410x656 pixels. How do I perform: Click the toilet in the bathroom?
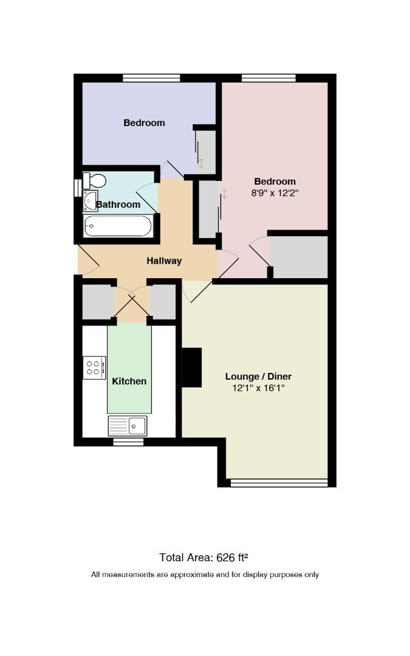coord(94,180)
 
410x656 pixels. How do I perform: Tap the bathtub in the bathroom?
coord(118,226)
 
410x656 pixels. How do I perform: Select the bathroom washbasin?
coord(90,201)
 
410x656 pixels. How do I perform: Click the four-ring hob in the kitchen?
coord(94,367)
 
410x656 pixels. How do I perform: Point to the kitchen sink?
coord(128,426)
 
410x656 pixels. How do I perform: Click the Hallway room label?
coord(164,261)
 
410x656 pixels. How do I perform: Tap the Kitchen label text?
coord(129,381)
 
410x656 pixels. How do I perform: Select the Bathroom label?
coord(118,205)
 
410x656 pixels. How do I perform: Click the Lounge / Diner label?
coord(259,376)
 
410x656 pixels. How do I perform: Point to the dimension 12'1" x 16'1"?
coord(259,388)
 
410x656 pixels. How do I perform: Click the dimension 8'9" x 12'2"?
coord(275,193)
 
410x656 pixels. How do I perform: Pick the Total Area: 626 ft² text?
coord(203,557)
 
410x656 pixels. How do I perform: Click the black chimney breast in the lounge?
coord(191,367)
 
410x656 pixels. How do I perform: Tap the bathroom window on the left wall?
coord(77,188)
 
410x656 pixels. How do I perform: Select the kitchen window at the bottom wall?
coord(128,442)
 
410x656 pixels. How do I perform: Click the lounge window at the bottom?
coord(279,483)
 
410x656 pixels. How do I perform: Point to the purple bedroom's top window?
coord(151,78)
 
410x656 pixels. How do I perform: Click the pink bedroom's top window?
coord(268,78)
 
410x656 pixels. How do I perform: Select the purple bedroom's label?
coord(145,123)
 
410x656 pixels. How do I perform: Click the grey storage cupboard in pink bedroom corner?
coord(299,257)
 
